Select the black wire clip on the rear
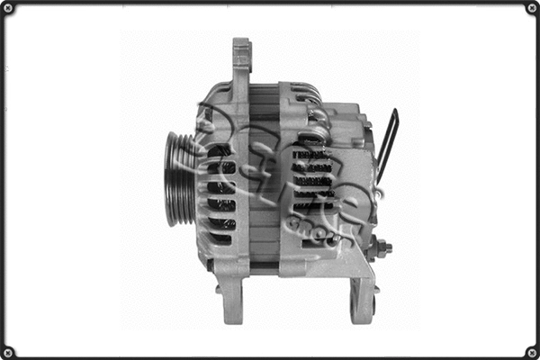coord(388,144)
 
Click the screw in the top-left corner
coord(8,8)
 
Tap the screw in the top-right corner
coord(531,8)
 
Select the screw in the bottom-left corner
coord(8,351)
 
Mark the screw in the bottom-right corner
coord(531,351)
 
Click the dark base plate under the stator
coord(261,267)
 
